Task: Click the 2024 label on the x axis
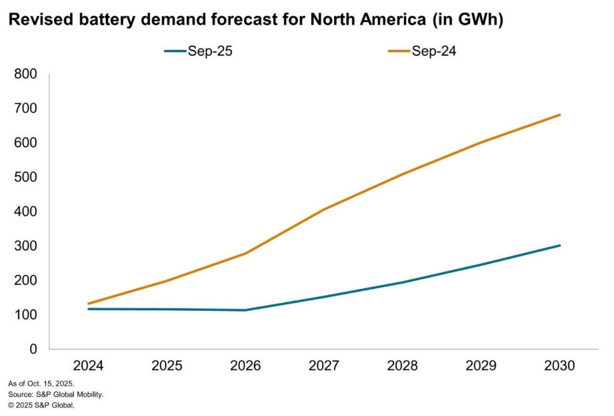[x=89, y=365]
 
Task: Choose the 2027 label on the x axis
[x=325, y=365]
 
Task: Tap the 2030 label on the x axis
[x=560, y=365]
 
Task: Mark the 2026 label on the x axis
[x=246, y=365]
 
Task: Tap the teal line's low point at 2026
[x=246, y=310]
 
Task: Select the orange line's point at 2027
[x=325, y=209]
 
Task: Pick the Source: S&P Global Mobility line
[x=56, y=394]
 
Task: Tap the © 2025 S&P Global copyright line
[x=41, y=404]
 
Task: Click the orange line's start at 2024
[x=89, y=304]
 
